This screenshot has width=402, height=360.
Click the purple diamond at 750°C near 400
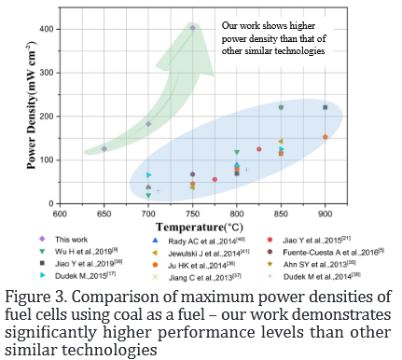(192, 28)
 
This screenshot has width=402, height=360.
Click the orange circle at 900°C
(325, 137)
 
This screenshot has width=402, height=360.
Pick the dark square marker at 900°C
(325, 107)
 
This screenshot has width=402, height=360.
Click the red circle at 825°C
(258, 149)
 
